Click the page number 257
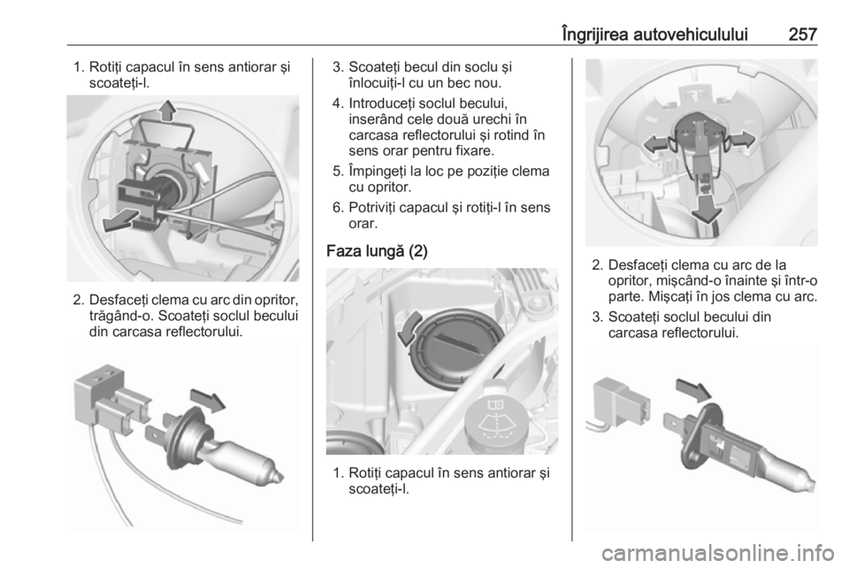pyautogui.click(x=800, y=35)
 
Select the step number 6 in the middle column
pyautogui.click(x=336, y=206)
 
